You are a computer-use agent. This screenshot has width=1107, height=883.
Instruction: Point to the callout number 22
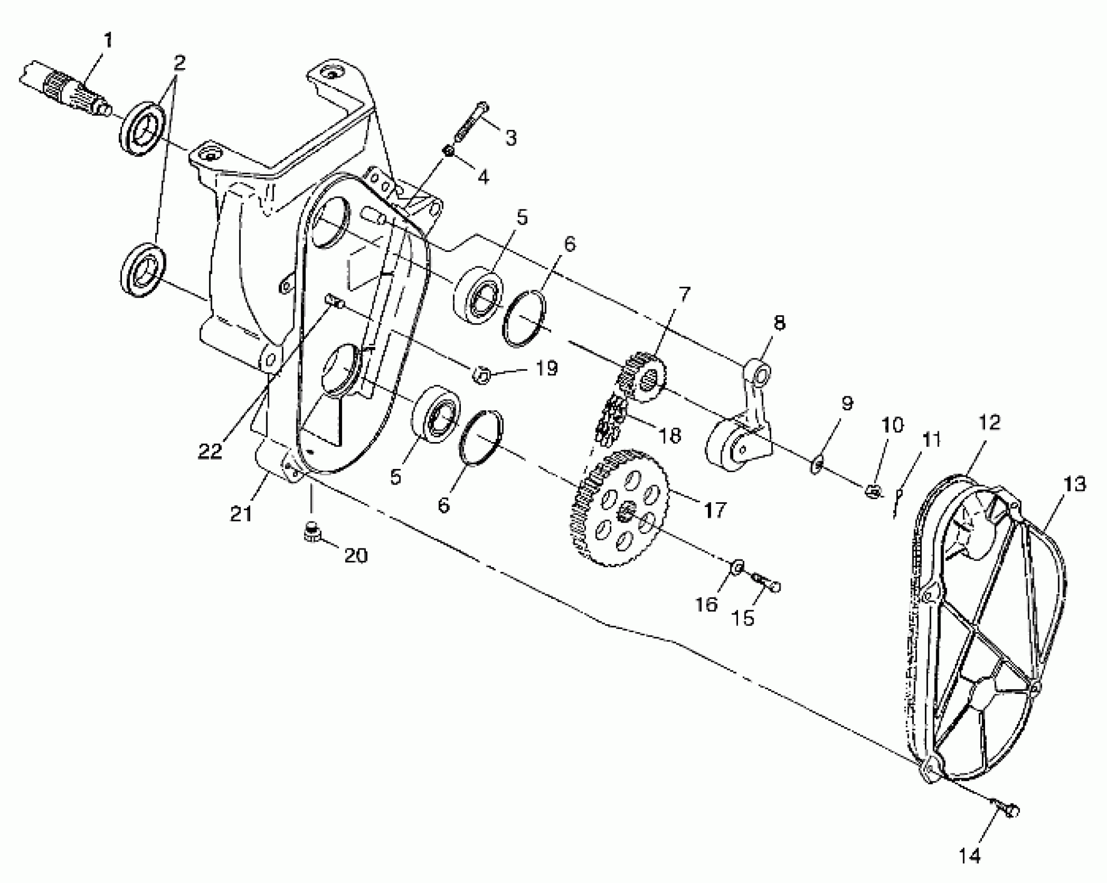(x=210, y=450)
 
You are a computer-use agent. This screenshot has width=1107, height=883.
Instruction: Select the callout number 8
(x=779, y=323)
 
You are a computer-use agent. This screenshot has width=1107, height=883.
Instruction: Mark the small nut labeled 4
(x=449, y=151)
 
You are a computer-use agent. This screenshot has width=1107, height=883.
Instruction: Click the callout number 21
(x=242, y=514)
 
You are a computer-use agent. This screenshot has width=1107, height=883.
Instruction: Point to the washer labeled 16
(x=739, y=566)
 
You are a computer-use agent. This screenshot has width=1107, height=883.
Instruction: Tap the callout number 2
(x=179, y=63)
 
